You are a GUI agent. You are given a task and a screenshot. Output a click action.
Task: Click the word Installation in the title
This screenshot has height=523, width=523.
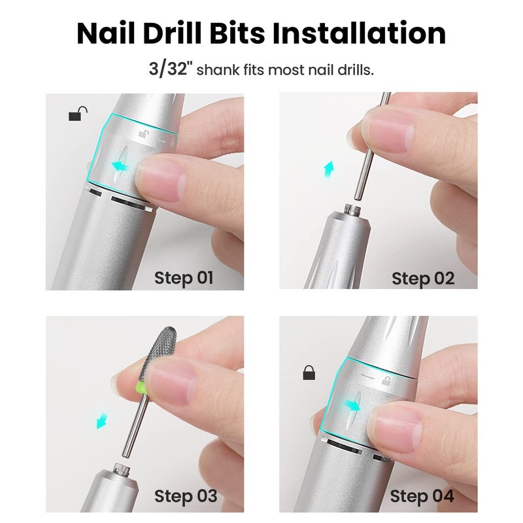[359, 33]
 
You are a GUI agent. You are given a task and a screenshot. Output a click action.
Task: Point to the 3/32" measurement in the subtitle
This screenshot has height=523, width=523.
[169, 69]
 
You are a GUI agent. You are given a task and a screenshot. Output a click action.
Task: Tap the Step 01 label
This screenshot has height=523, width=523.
[184, 278]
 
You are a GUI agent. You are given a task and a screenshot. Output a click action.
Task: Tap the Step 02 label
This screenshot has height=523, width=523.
[423, 278]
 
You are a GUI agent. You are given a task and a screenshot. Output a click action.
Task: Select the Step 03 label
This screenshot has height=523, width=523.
[186, 496]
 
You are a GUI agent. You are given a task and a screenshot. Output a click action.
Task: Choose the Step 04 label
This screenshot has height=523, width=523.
[422, 496]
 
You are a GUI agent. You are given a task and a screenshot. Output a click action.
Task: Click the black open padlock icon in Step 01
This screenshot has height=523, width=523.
[78, 113]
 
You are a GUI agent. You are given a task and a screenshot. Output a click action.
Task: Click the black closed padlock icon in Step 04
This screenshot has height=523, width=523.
[309, 373]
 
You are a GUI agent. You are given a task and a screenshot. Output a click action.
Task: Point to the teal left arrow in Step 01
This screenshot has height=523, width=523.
[120, 165]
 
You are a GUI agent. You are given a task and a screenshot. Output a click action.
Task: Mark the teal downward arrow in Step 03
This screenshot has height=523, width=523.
[102, 421]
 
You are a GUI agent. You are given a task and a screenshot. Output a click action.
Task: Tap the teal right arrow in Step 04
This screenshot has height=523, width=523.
[352, 406]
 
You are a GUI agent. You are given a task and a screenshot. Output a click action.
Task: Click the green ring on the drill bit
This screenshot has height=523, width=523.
[141, 388]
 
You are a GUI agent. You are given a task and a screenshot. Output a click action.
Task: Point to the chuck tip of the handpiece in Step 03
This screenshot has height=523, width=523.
[122, 469]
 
